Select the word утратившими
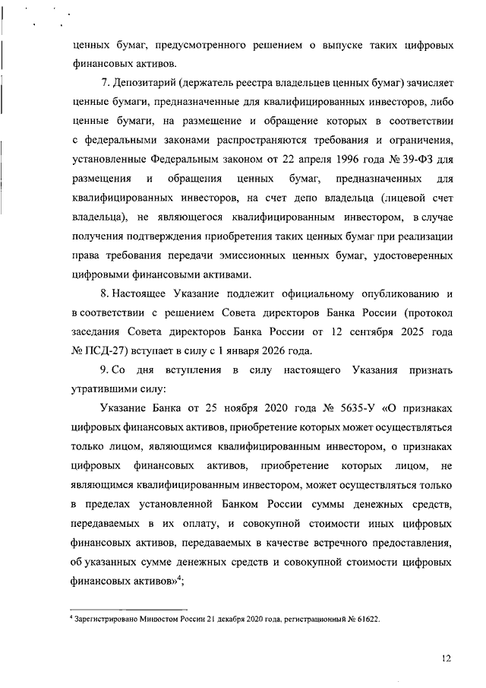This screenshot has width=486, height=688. tap(102, 389)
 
